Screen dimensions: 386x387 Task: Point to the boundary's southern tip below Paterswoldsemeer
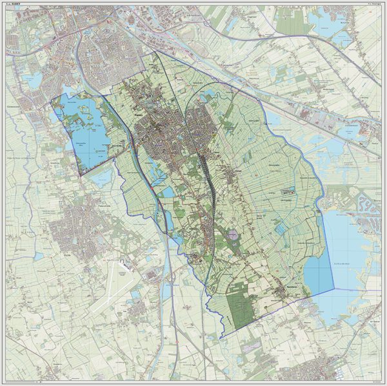(79, 175)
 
